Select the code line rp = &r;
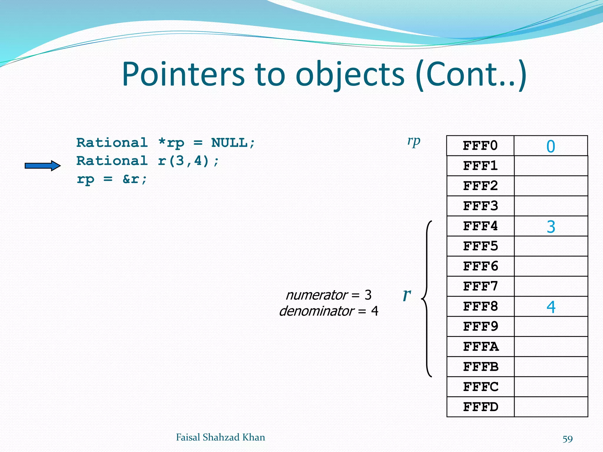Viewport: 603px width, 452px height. point(112,179)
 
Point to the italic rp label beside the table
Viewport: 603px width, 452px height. point(414,142)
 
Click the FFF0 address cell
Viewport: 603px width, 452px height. point(480,146)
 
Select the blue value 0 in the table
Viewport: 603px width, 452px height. point(551,146)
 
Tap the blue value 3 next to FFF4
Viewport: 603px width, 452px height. point(551,227)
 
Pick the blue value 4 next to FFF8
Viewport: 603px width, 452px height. point(551,307)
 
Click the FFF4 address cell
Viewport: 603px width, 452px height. point(480,226)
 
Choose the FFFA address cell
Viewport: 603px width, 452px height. point(480,347)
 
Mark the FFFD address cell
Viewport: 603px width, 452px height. point(480,407)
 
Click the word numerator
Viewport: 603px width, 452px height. point(317,295)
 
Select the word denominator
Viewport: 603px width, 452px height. point(317,311)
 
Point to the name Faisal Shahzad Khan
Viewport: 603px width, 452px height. point(220,437)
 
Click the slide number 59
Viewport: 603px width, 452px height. point(567,439)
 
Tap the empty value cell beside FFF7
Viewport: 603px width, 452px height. point(551,286)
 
